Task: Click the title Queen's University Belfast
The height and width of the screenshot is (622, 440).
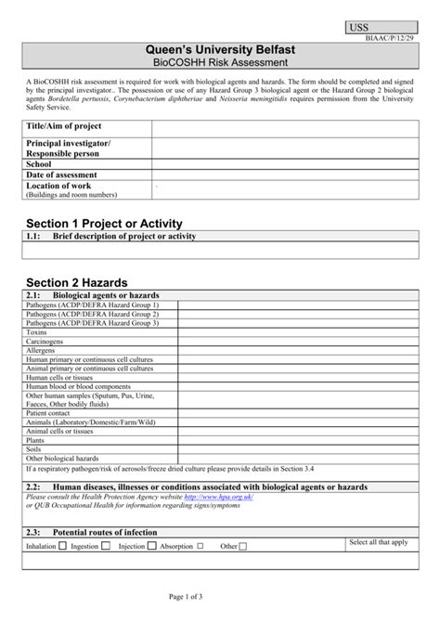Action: (x=220, y=48)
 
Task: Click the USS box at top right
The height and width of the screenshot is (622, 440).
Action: (x=378, y=29)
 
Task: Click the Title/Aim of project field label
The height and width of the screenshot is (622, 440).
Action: (x=63, y=125)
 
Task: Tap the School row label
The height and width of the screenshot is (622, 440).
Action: (x=38, y=163)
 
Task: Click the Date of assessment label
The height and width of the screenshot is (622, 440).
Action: (x=61, y=175)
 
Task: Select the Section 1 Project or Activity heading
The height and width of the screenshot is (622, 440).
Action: (x=103, y=224)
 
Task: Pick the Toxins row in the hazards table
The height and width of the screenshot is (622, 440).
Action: (x=36, y=331)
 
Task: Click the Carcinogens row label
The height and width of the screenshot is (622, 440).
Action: (x=45, y=342)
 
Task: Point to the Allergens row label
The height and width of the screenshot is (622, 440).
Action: (x=42, y=352)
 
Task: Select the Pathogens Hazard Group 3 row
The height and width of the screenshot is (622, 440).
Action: (x=92, y=322)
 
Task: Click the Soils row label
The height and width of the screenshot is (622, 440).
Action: (x=34, y=448)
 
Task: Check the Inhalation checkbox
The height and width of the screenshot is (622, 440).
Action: (x=63, y=547)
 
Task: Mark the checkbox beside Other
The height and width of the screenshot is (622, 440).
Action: (x=243, y=547)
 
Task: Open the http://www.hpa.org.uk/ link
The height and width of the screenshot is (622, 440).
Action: (x=218, y=497)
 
